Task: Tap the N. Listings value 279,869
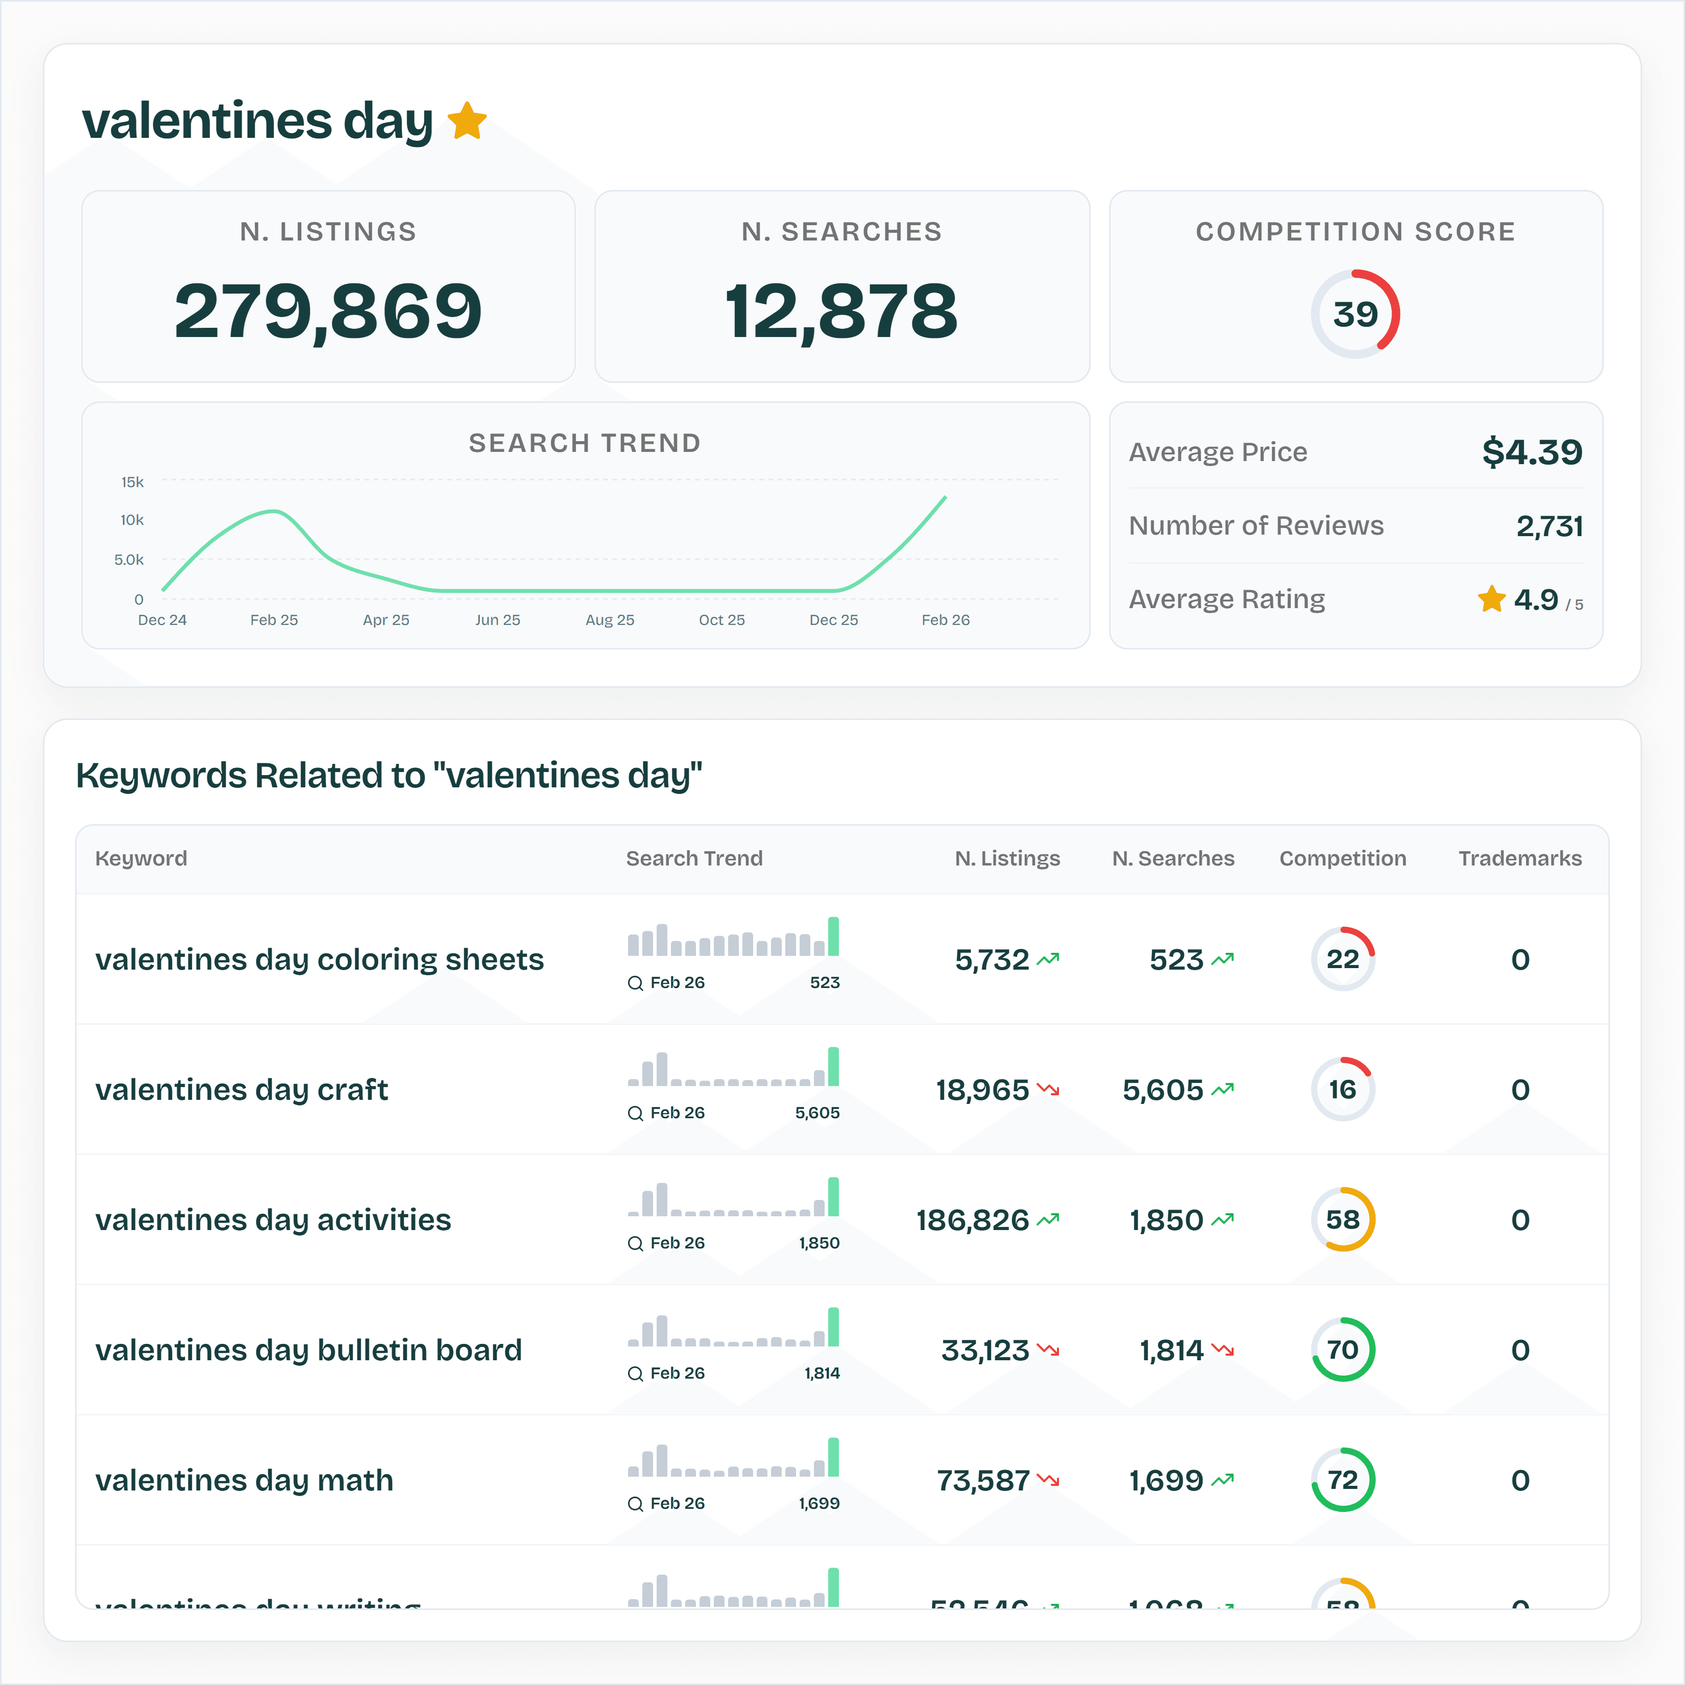click(x=328, y=311)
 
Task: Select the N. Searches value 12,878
click(x=841, y=311)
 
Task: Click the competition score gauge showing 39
click(x=1355, y=314)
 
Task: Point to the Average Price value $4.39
click(x=1531, y=452)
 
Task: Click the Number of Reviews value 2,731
click(x=1549, y=526)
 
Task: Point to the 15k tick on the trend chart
click(x=133, y=483)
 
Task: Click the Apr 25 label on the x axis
click(x=386, y=620)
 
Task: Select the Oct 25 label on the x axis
click(x=721, y=620)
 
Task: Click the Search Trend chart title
click(x=584, y=443)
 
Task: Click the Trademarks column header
click(x=1519, y=858)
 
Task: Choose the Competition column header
click(x=1342, y=858)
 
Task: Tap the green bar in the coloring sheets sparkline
click(x=833, y=936)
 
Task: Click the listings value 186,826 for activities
click(x=973, y=1220)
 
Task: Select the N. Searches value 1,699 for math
click(x=1166, y=1480)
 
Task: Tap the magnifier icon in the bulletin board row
click(x=635, y=1374)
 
